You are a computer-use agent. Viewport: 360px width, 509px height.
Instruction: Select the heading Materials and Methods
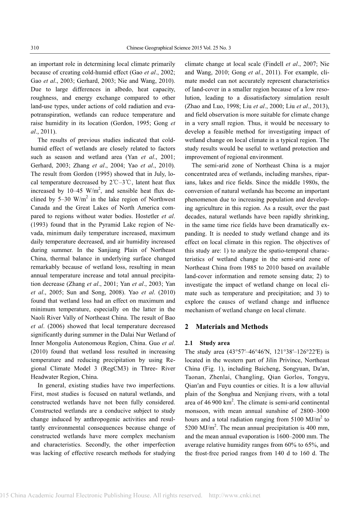[232, 327]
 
